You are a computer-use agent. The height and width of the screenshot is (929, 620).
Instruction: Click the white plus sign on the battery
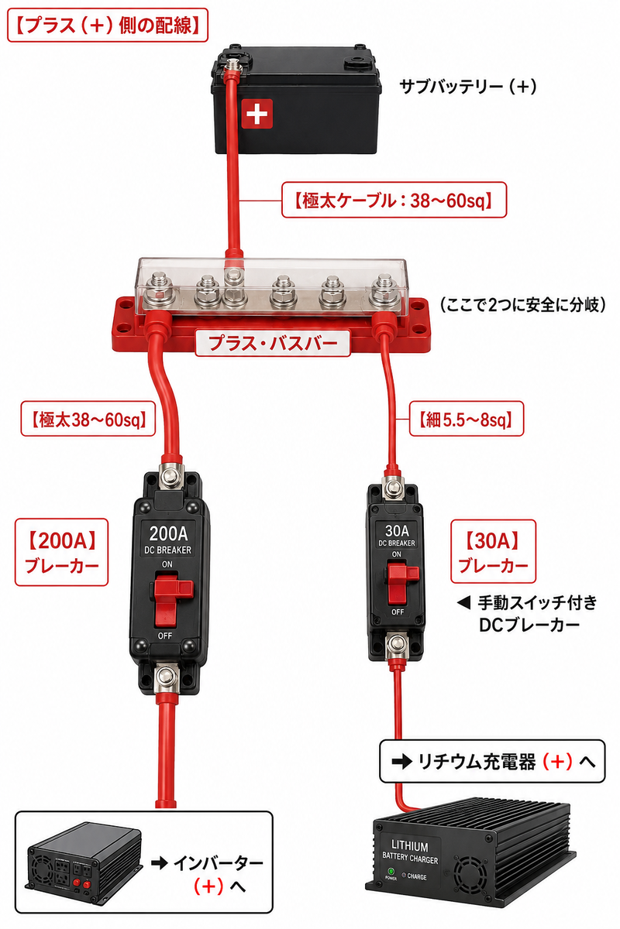pyautogui.click(x=257, y=113)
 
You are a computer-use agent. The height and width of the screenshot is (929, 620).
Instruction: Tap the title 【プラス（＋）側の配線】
pyautogui.click(x=108, y=26)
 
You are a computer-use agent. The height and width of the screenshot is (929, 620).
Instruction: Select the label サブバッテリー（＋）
pyautogui.click(x=468, y=87)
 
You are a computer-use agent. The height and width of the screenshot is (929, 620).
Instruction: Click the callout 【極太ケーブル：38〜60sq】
pyautogui.click(x=394, y=200)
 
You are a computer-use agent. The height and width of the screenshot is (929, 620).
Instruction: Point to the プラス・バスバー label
pyautogui.click(x=273, y=343)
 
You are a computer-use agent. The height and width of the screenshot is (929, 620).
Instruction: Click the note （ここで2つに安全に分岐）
pyautogui.click(x=523, y=305)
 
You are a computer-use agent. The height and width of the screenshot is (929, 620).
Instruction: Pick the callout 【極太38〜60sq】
pyautogui.click(x=88, y=419)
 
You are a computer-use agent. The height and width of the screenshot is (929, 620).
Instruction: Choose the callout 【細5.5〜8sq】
pyautogui.click(x=467, y=419)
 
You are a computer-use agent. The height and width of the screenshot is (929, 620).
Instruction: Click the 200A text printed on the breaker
pyautogui.click(x=169, y=533)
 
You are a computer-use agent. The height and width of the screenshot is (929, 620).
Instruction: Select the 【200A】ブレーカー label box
pyautogui.click(x=61, y=552)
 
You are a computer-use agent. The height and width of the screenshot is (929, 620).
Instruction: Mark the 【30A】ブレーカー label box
pyautogui.click(x=494, y=551)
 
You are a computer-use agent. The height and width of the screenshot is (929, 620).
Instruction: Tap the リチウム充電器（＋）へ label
pyautogui.click(x=492, y=761)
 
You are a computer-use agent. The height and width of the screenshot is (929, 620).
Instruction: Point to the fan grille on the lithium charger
pyautogui.click(x=470, y=875)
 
